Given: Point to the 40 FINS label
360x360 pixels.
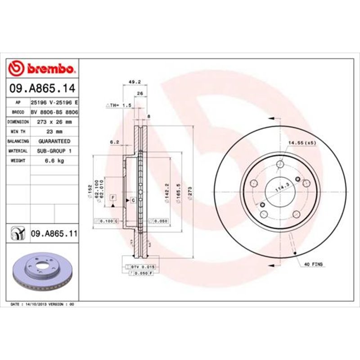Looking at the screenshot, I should pyautogui.click(x=314, y=264).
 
